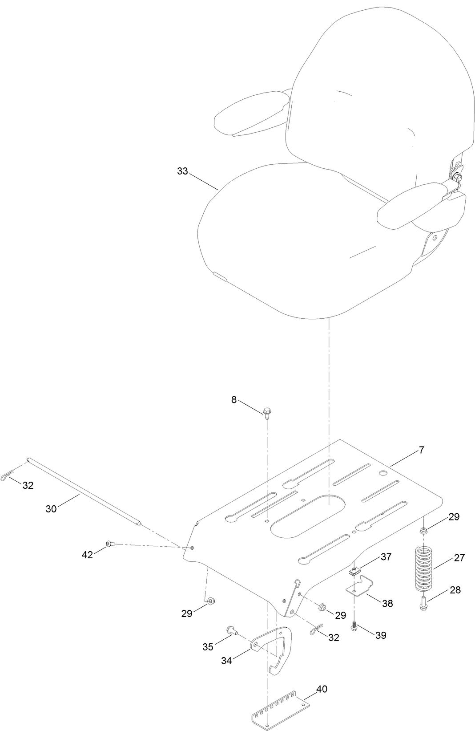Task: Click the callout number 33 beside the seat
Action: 182,171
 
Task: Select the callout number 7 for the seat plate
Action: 421,450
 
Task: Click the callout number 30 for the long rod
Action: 51,508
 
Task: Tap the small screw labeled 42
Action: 109,544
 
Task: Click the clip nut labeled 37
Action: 354,572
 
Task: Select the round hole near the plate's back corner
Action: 382,473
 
